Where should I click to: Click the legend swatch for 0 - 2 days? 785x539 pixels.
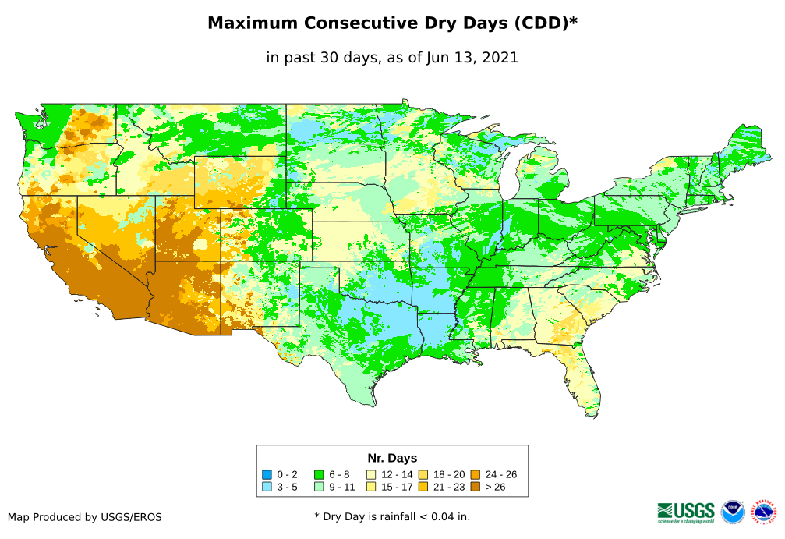[x=267, y=474]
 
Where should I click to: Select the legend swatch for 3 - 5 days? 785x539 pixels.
[x=267, y=487]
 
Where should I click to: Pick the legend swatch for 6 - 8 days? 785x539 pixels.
[x=318, y=474]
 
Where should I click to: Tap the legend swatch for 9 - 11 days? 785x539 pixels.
[x=318, y=487]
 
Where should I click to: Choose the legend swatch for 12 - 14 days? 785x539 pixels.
[x=371, y=474]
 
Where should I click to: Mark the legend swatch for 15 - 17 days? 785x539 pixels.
[x=371, y=487]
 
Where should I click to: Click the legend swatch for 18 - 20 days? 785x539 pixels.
[x=423, y=474]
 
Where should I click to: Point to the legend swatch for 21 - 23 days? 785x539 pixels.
[x=423, y=487]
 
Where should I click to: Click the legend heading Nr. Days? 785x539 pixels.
[x=392, y=458]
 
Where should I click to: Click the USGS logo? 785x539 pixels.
[x=686, y=512]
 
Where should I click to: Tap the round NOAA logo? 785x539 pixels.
[x=733, y=512]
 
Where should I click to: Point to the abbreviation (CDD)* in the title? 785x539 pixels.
[x=544, y=23]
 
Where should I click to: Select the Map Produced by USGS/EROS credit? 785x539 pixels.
[x=85, y=517]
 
